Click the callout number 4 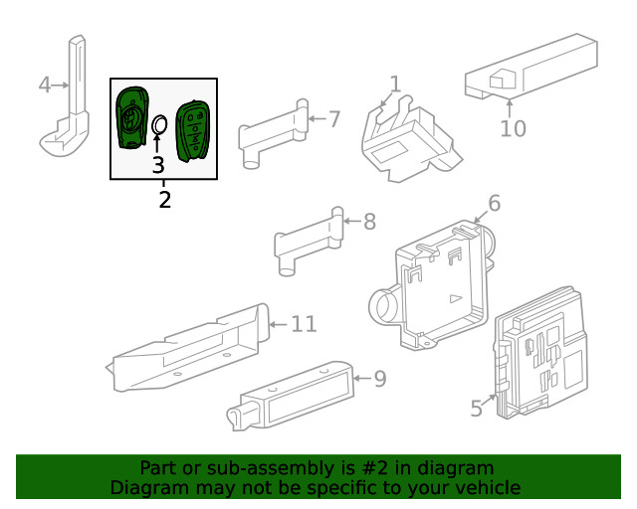pyautogui.click(x=44, y=85)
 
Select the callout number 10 pyautogui.click(x=513, y=129)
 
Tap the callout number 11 pyautogui.click(x=304, y=324)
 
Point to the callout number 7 pyautogui.click(x=334, y=119)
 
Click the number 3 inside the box pyautogui.click(x=158, y=165)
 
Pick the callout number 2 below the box pyautogui.click(x=164, y=200)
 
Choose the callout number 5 pyautogui.click(x=476, y=407)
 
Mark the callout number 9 pyautogui.click(x=379, y=378)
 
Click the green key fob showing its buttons pyautogui.click(x=191, y=129)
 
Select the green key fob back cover pyautogui.click(x=130, y=117)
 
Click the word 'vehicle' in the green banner pyautogui.click(x=488, y=487)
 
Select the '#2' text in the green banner pyautogui.click(x=336, y=468)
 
